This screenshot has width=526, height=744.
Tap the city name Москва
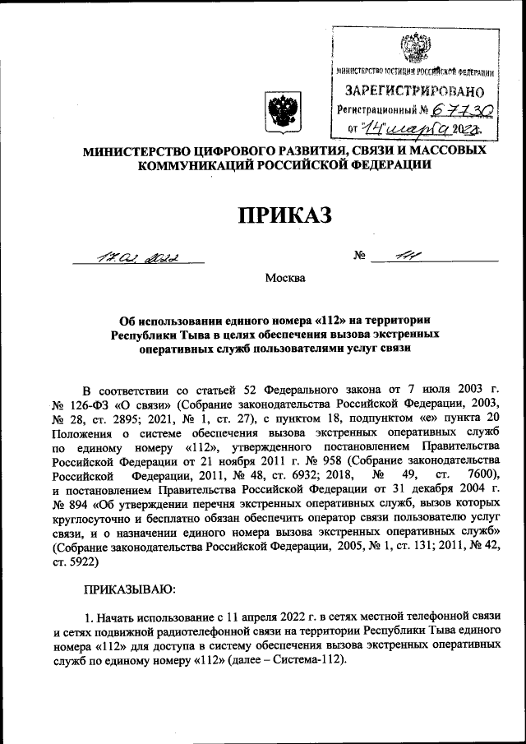284,278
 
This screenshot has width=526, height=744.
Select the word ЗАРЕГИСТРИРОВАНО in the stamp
408,90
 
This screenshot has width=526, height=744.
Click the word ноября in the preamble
197,461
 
